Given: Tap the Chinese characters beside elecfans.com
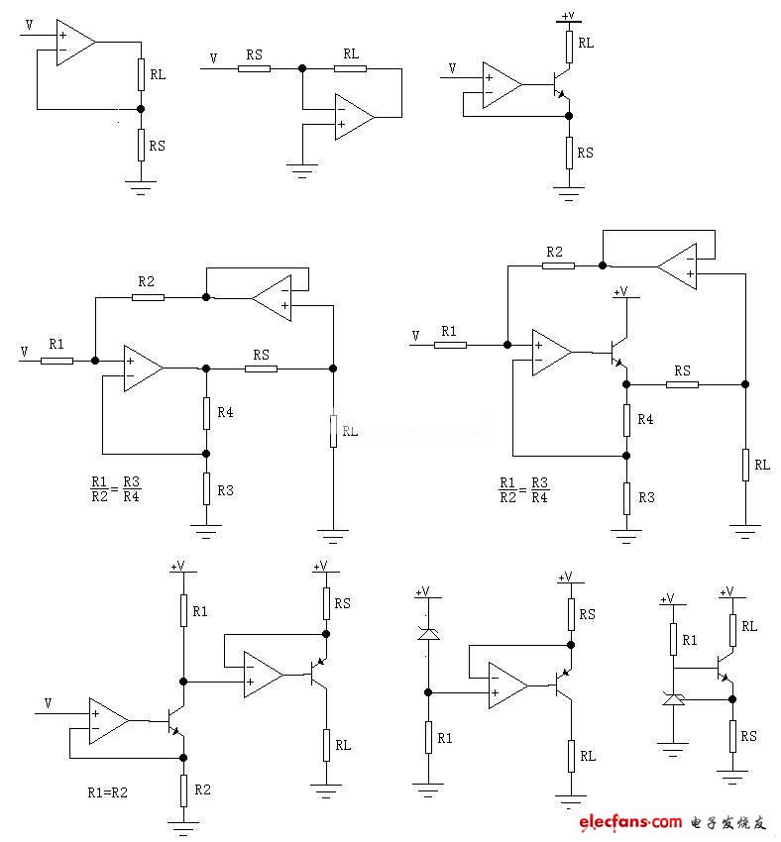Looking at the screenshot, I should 729,822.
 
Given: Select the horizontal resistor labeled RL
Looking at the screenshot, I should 350,68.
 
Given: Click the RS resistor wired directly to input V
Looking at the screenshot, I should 254,68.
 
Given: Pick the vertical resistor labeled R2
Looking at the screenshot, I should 183,789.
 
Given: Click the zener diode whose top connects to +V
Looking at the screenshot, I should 428,633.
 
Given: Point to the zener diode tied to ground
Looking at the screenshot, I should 673,700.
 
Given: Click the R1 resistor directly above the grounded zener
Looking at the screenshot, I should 673,640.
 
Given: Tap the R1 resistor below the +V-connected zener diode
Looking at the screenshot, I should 428,738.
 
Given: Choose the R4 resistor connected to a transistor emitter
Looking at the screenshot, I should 626,420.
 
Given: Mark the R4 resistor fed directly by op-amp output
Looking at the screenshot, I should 206,412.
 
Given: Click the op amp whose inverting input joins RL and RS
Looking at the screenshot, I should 75,42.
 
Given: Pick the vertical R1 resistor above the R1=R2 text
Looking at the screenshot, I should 183,612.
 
